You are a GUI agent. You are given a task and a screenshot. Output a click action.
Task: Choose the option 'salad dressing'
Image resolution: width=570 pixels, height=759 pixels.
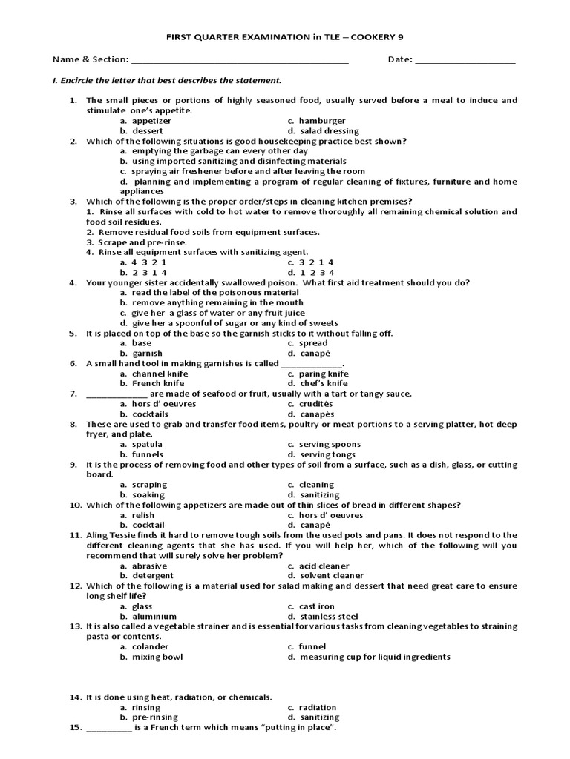327,131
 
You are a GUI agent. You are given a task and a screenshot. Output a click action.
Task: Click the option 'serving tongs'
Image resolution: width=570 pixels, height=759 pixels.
327,454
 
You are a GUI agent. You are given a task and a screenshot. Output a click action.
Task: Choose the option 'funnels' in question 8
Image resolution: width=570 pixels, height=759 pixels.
148,454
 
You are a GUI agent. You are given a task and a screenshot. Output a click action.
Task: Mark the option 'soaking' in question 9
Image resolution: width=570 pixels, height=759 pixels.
148,494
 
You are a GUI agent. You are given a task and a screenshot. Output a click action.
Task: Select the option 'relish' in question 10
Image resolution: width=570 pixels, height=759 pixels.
143,515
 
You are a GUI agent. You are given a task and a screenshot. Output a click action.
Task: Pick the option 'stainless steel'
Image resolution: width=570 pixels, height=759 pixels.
328,616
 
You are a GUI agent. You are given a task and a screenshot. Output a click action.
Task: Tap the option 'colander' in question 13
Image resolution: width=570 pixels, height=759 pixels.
149,646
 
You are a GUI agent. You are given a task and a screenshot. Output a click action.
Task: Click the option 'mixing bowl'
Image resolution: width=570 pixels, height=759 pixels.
157,657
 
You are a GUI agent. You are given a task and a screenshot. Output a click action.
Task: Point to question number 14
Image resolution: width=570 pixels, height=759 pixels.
75,697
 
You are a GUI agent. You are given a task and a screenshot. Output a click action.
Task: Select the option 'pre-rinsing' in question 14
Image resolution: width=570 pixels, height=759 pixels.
155,717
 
